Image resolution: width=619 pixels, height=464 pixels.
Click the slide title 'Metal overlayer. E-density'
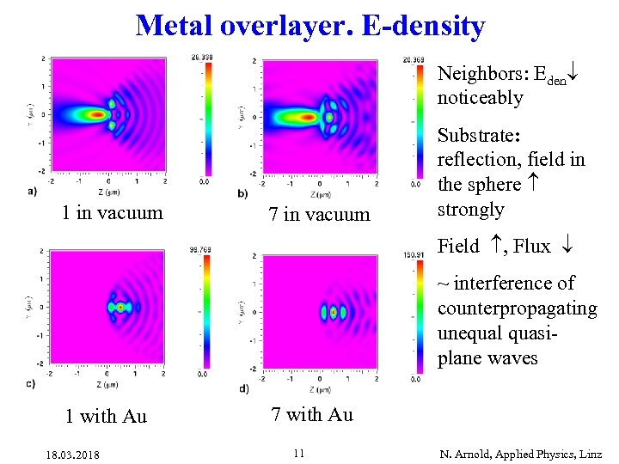pyautogui.click(x=309, y=26)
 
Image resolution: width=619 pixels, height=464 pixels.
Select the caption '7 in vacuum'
pyautogui.click(x=319, y=215)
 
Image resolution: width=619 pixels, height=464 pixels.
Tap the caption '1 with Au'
pyautogui.click(x=106, y=417)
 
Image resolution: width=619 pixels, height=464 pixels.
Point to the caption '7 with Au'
pyautogui.click(x=312, y=415)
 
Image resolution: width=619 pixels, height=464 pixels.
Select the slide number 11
pyautogui.click(x=298, y=452)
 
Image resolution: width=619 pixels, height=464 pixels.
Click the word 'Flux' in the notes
pyautogui.click(x=532, y=247)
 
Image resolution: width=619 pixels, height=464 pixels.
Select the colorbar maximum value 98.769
pyautogui.click(x=202, y=250)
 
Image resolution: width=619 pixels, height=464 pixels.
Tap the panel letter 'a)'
pyautogui.click(x=32, y=190)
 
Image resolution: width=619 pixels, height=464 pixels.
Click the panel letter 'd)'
pyautogui.click(x=244, y=388)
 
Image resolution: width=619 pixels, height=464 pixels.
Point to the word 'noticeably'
pyautogui.click(x=480, y=98)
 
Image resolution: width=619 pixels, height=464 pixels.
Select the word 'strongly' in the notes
pyautogui.click(x=470, y=210)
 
